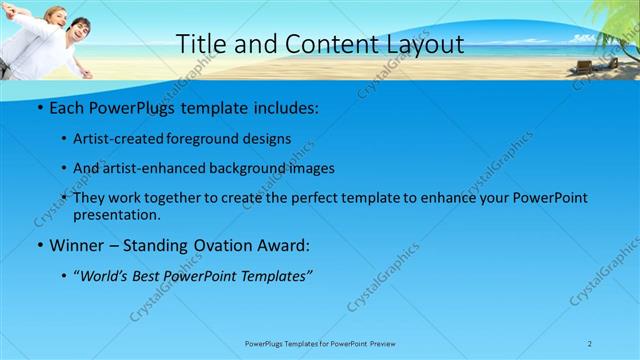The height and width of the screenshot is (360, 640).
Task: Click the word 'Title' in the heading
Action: pos(199,44)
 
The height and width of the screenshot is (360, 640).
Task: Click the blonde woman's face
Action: pos(57,17)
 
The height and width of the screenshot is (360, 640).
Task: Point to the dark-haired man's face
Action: pos(81,26)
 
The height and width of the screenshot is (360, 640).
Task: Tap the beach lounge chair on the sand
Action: pos(583,66)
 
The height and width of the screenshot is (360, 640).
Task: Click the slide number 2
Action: pos(590,343)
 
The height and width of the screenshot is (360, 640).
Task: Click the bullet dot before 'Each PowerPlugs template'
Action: pos(39,106)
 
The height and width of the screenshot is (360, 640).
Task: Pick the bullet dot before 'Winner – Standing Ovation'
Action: pos(39,245)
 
